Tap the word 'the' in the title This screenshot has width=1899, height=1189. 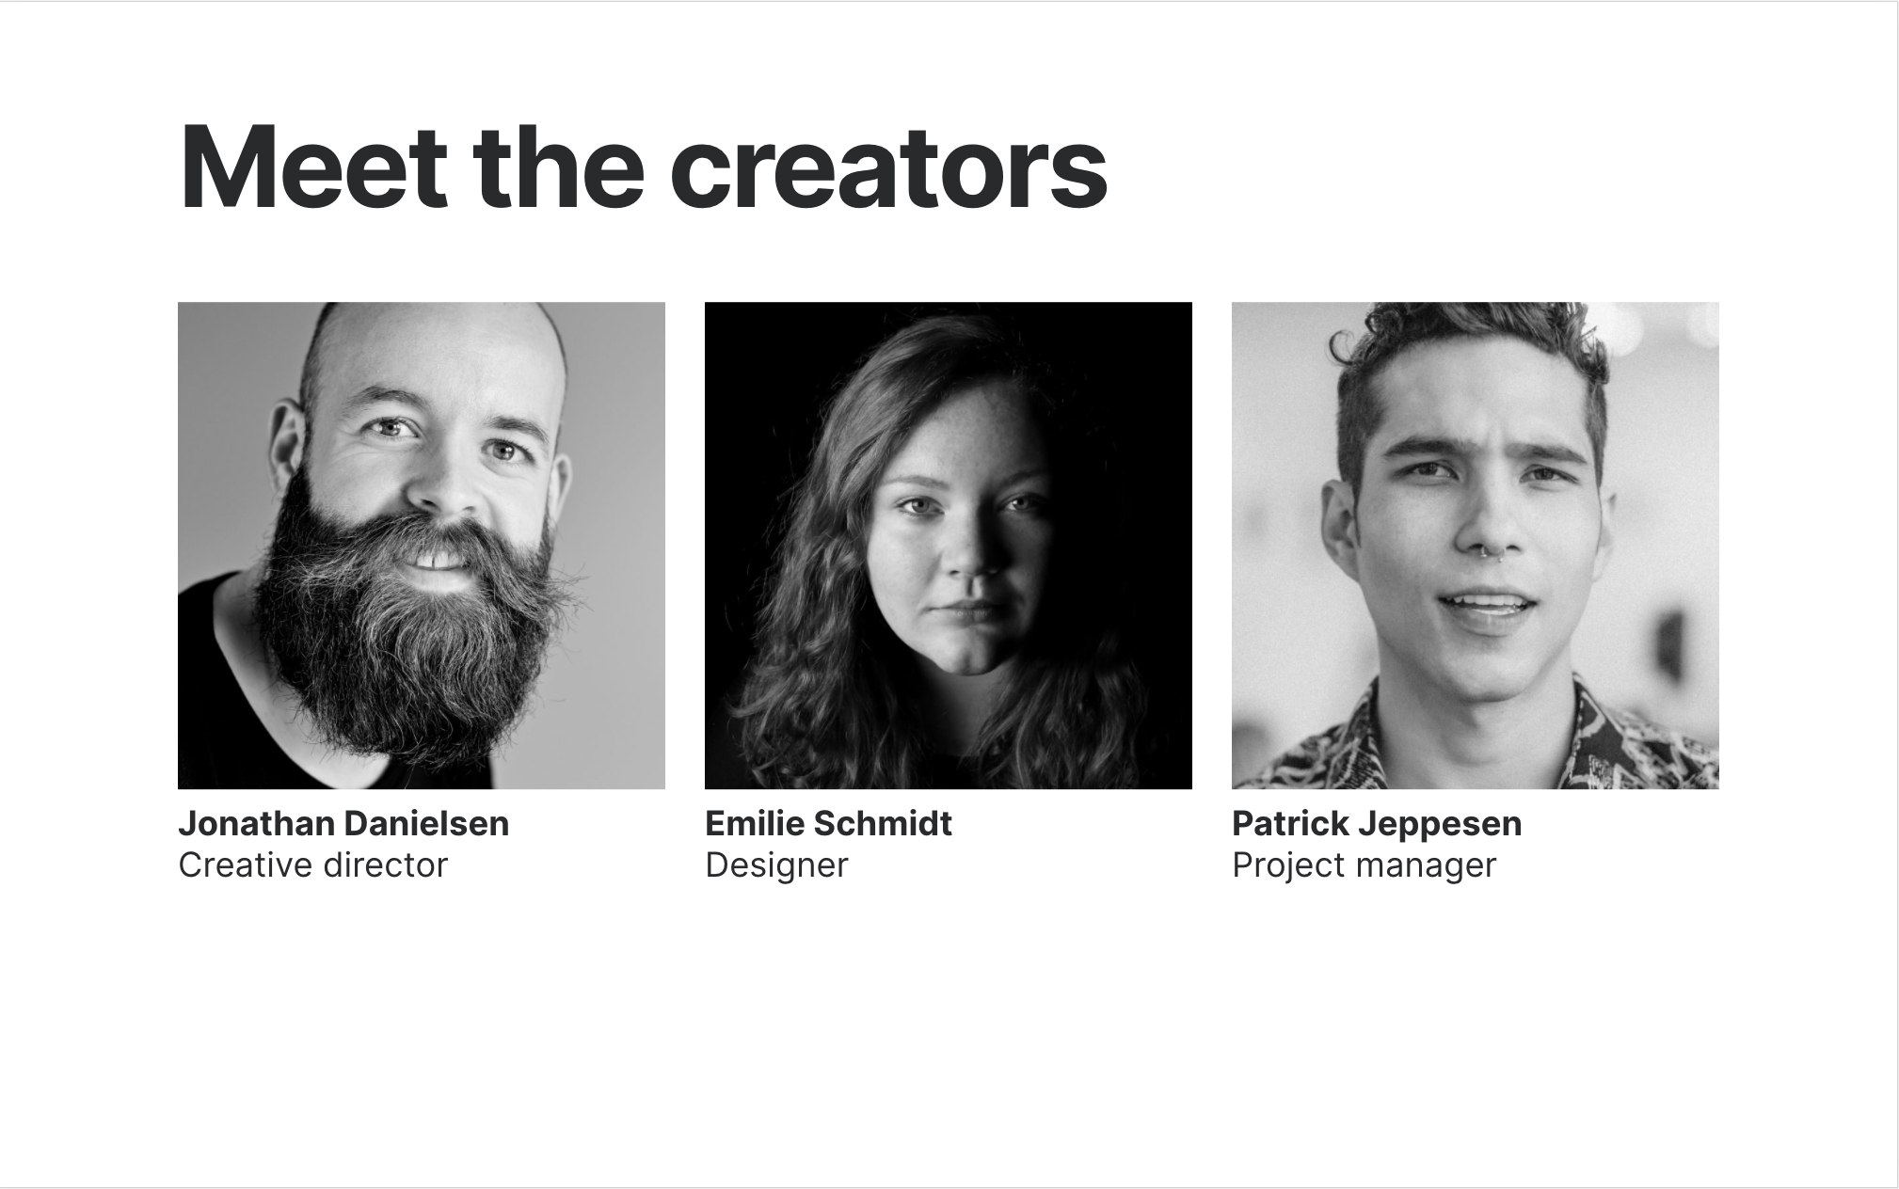pos(559,166)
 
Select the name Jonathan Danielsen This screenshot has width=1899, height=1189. pos(343,823)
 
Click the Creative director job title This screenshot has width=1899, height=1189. pos(313,864)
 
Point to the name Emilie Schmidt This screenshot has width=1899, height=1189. pos(828,823)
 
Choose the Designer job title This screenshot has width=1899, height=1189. pos(776,865)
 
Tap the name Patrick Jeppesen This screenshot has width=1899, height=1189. pos(1377,823)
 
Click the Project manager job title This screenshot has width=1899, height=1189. pos(1364,865)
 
